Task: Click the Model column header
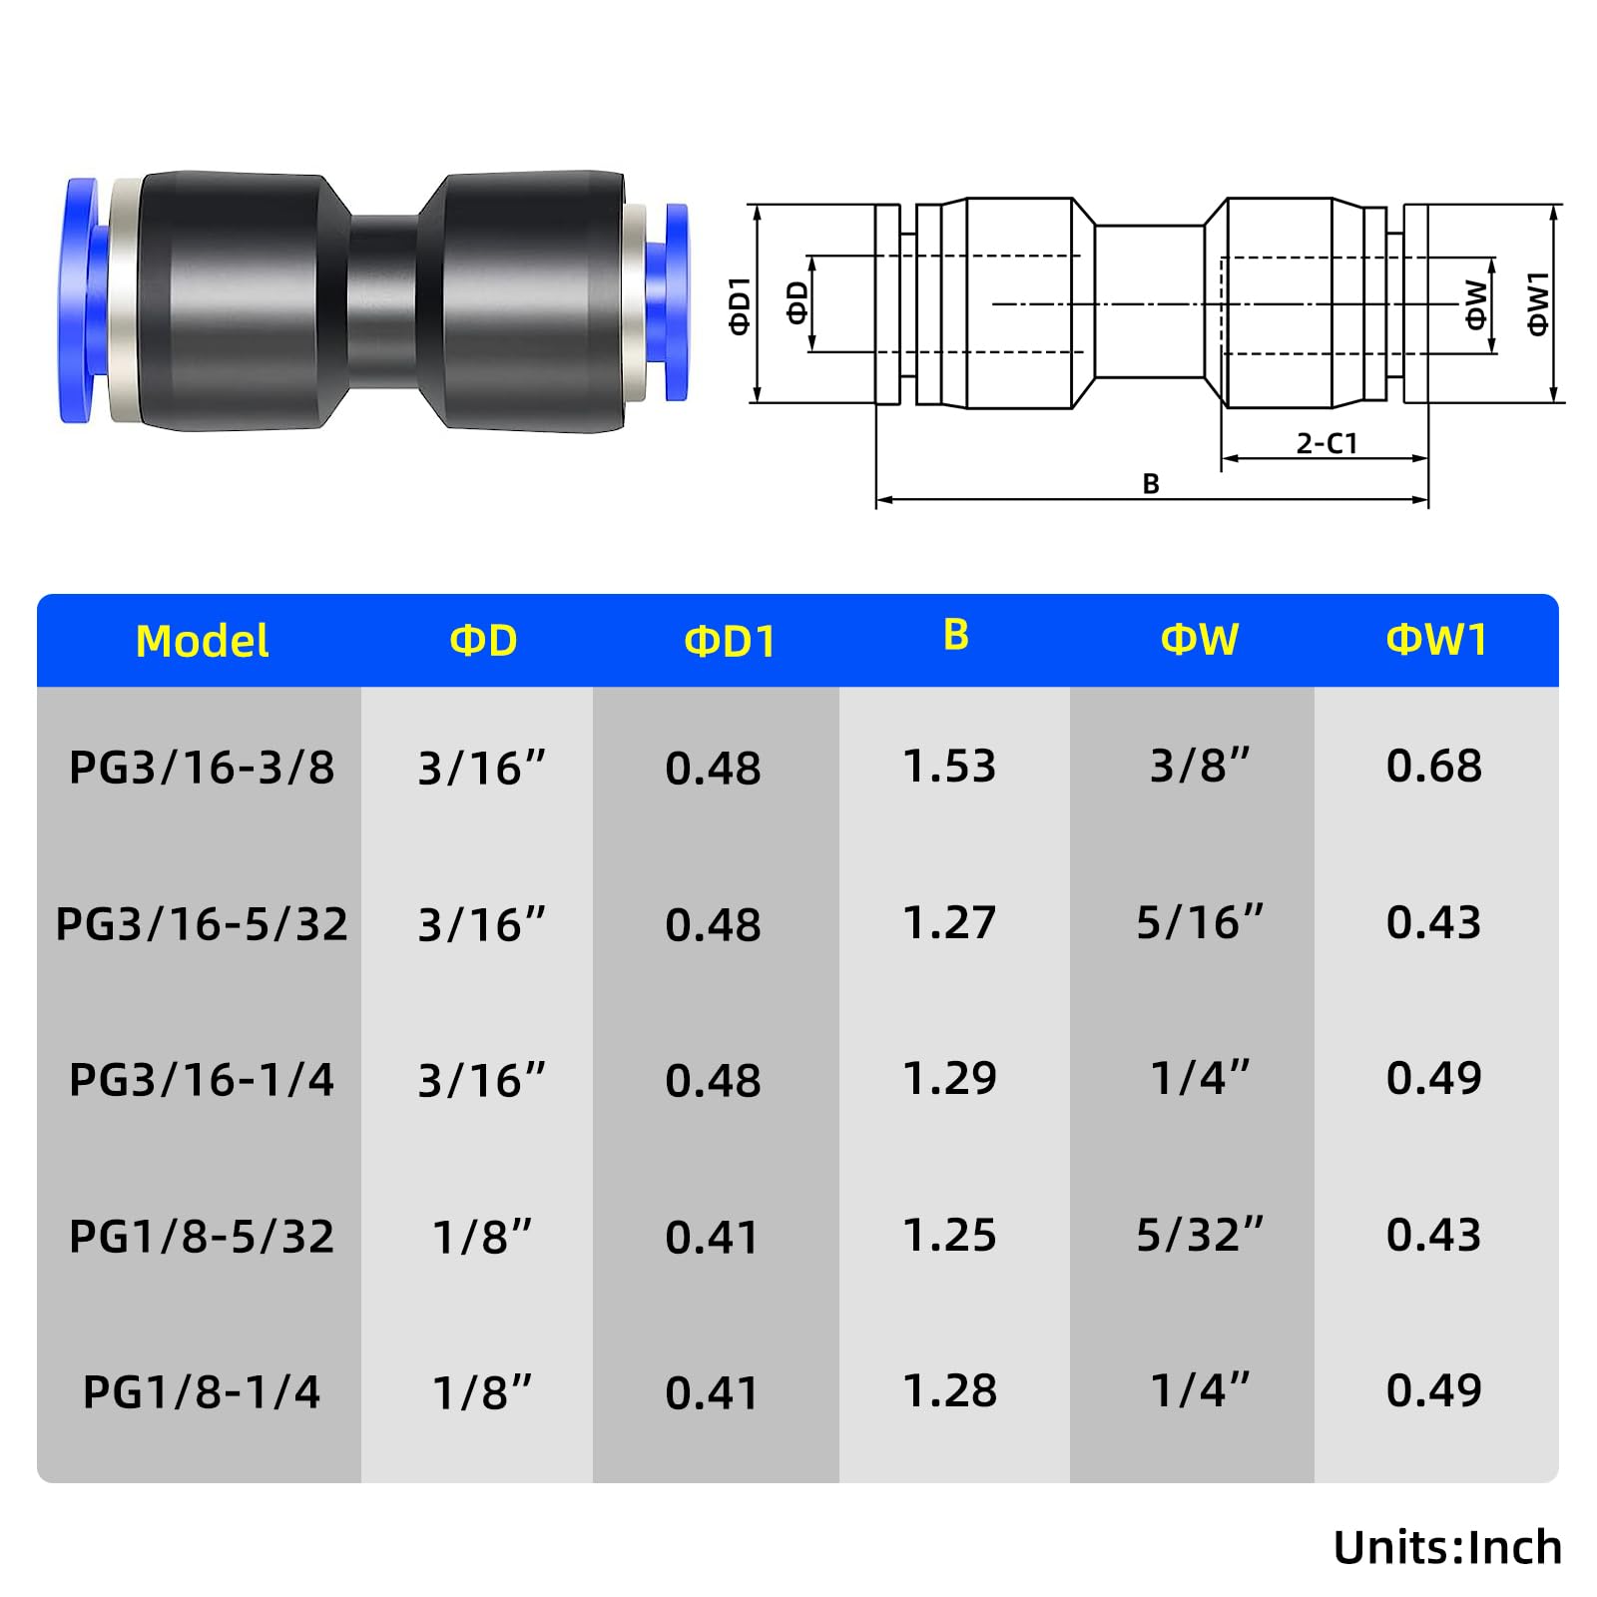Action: tap(202, 641)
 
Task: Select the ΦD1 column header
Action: tap(730, 641)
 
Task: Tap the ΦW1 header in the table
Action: tap(1436, 639)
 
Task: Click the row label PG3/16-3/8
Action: tap(202, 768)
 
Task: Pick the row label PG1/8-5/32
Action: tap(202, 1237)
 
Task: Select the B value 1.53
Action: tap(949, 766)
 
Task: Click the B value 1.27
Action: tap(949, 922)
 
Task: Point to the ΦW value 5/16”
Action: tap(1200, 922)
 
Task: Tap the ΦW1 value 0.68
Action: tap(1434, 766)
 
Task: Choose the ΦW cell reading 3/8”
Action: tap(1200, 766)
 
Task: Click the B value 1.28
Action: tap(949, 1390)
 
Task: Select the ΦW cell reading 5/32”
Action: tap(1200, 1235)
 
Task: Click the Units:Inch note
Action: tap(1447, 1547)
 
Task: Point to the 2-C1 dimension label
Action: tap(1327, 443)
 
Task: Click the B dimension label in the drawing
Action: tap(1151, 484)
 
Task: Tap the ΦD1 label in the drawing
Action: tap(739, 304)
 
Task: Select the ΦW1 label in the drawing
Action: tap(1538, 303)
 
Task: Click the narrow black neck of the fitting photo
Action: tap(383, 299)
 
